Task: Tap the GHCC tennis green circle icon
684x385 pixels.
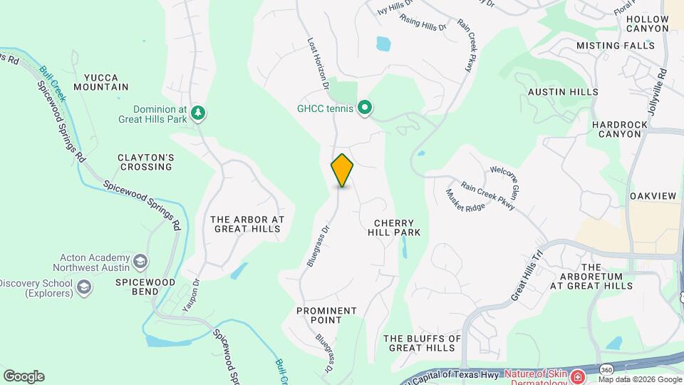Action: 366,108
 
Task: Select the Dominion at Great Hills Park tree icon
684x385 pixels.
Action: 198,113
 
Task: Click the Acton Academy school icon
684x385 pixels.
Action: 140,261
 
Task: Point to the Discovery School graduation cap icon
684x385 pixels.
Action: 85,287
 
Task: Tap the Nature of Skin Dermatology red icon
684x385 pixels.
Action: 579,375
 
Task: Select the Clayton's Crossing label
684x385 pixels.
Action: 145,162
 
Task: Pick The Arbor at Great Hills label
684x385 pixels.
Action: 247,224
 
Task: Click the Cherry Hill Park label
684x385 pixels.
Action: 394,227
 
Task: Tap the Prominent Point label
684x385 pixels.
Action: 326,315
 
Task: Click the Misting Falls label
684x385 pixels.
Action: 615,46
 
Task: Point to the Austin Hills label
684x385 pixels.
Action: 563,92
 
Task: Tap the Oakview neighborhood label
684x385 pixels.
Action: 653,196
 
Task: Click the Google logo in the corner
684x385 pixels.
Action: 24,376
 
